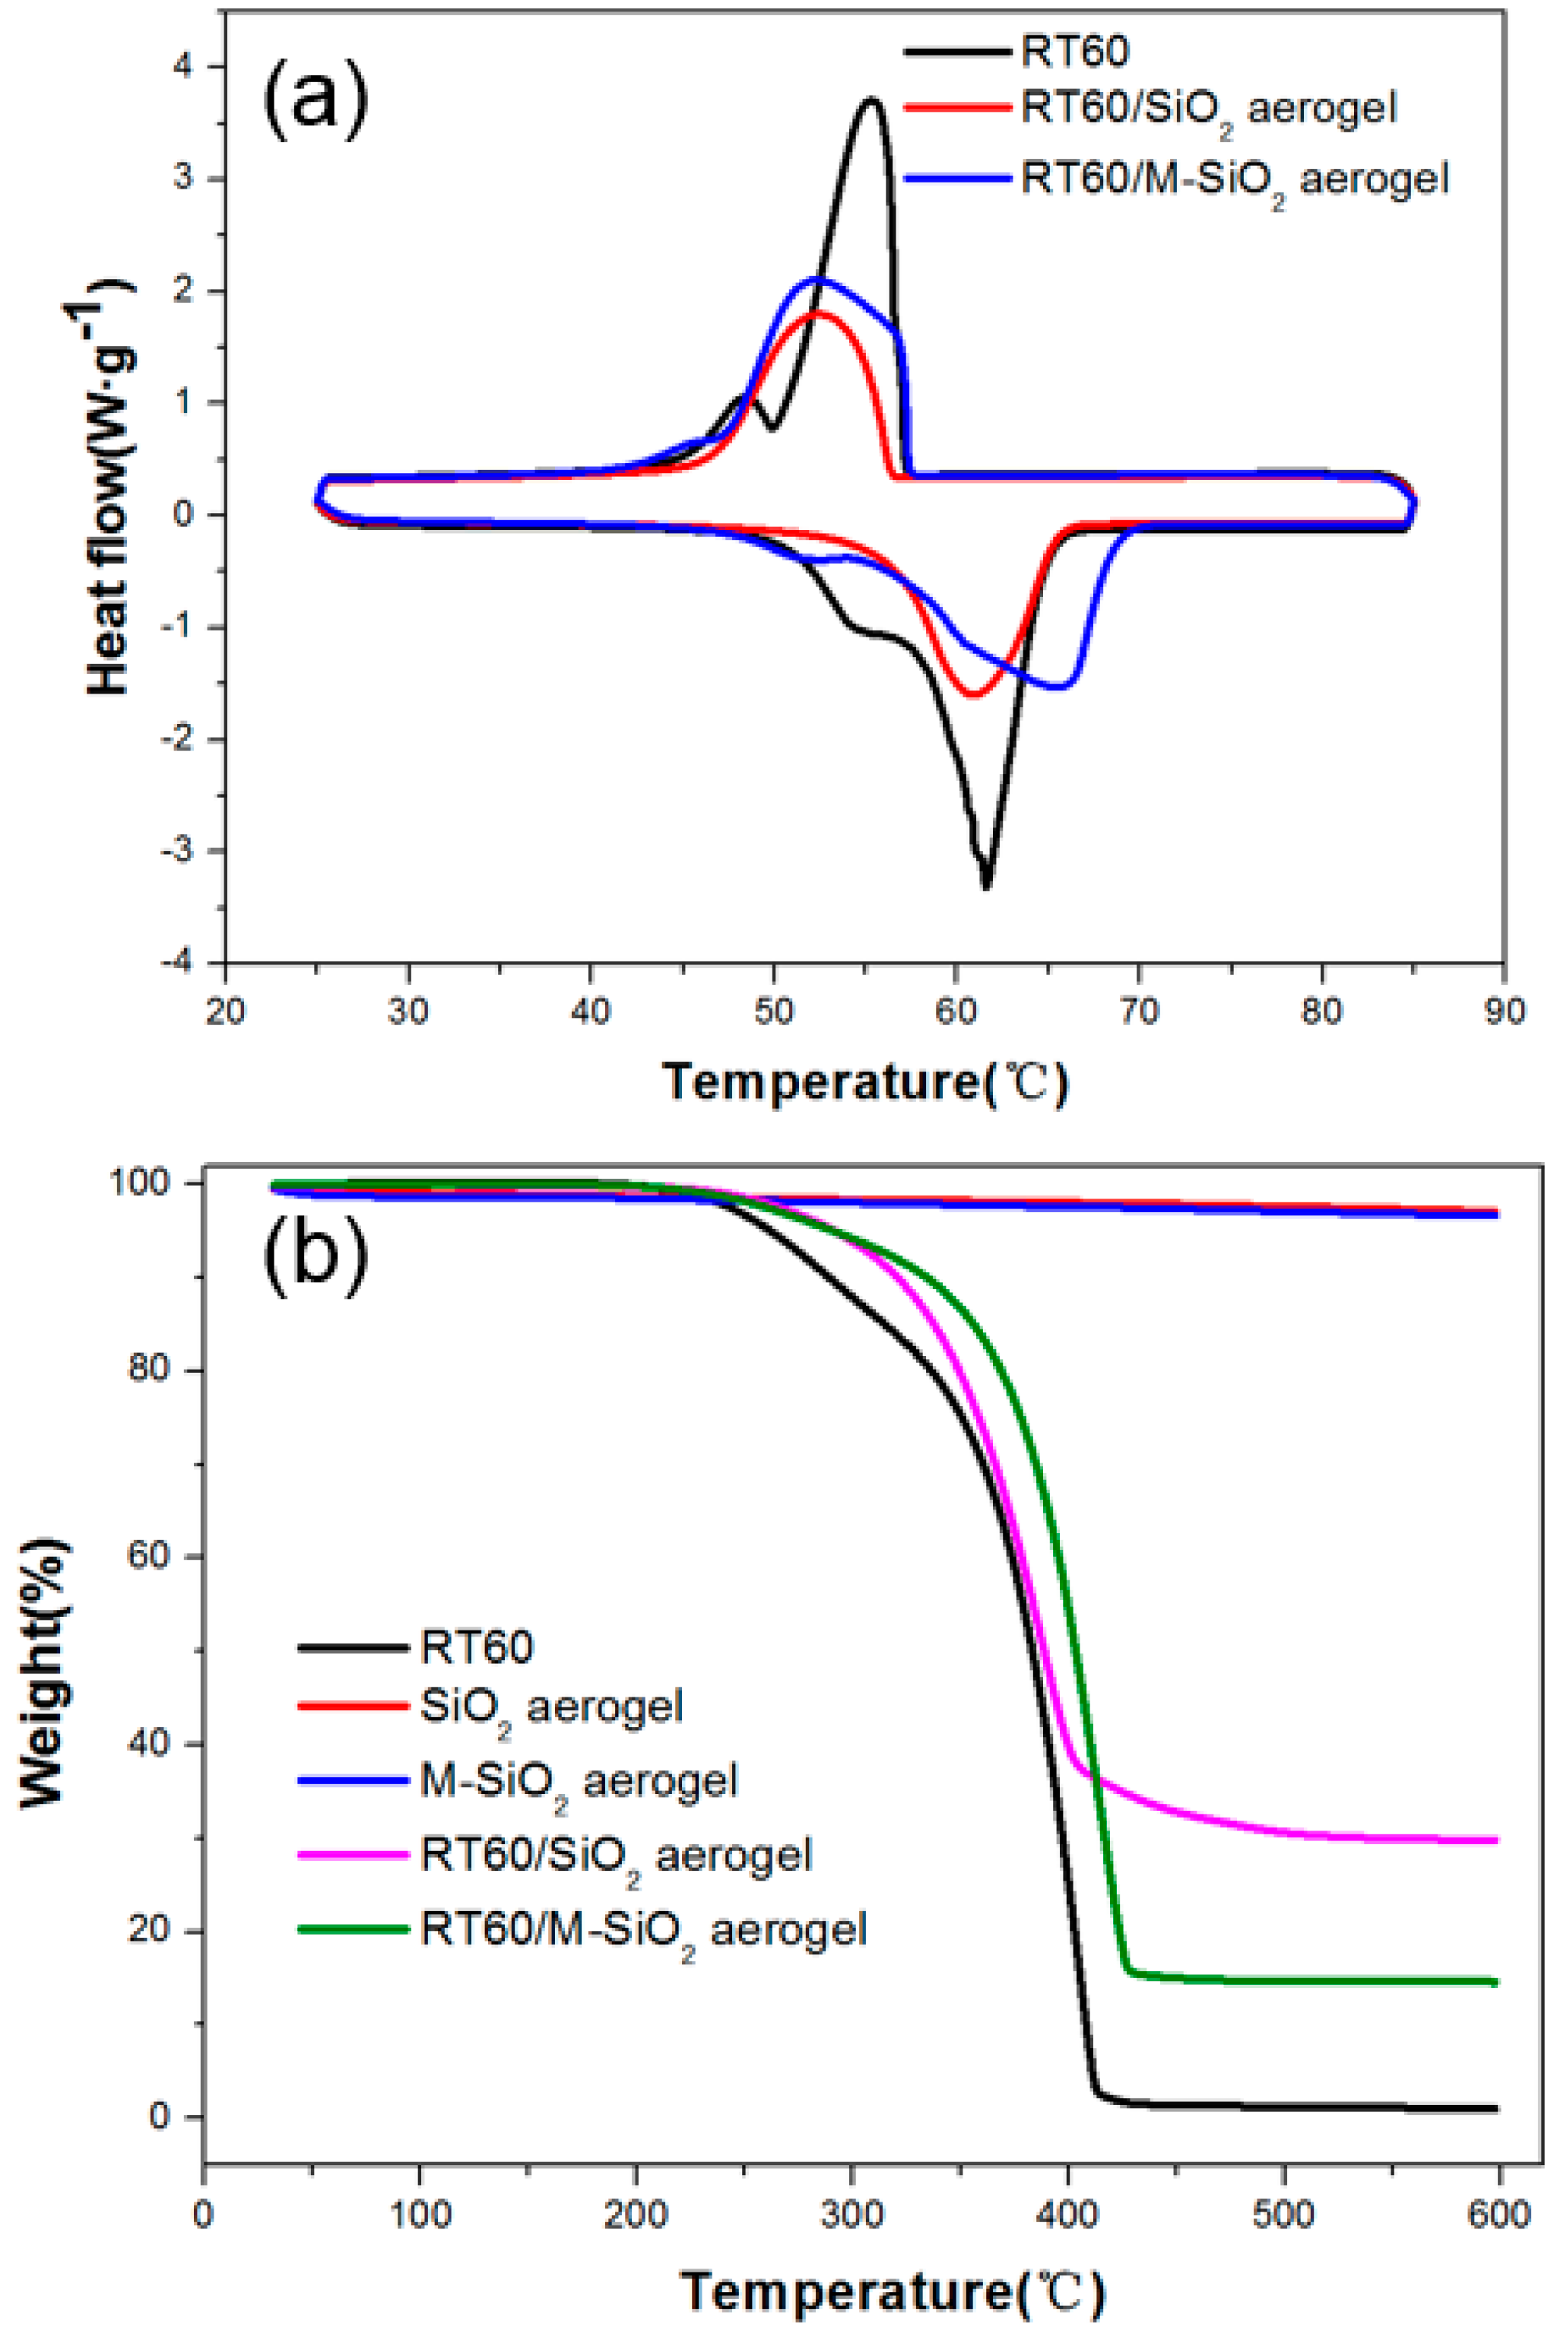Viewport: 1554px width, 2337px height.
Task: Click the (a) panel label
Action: click(316, 99)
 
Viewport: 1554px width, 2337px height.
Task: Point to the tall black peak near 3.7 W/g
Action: click(871, 99)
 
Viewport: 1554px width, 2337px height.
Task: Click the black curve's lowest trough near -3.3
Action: click(985, 885)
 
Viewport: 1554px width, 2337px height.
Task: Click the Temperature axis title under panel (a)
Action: click(865, 1081)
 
